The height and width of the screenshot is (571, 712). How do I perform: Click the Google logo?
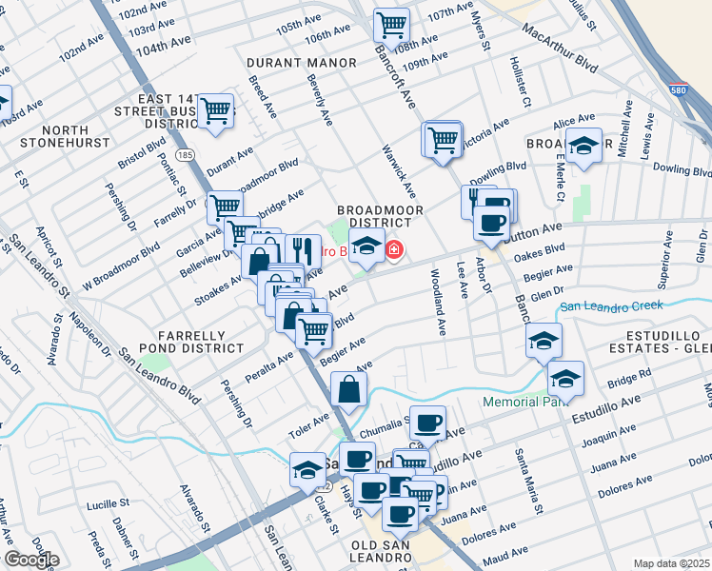(x=30, y=560)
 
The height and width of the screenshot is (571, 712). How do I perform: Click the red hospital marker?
(x=393, y=250)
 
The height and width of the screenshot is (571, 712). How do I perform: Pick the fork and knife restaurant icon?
(x=303, y=250)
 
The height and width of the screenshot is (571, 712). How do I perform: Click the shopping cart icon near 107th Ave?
(x=391, y=23)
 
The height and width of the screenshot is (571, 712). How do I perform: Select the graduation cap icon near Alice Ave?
(x=583, y=145)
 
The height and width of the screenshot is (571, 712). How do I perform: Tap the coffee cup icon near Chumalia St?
(x=427, y=422)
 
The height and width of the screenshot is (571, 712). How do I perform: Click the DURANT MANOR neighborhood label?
(x=302, y=63)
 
